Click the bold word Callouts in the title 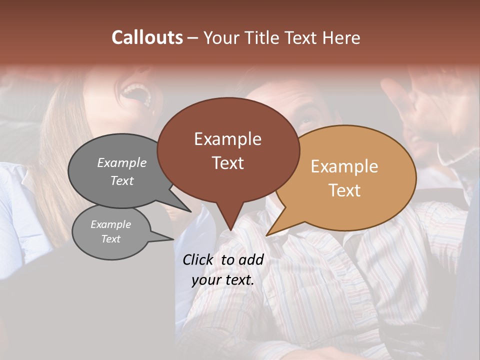pyautogui.click(x=147, y=37)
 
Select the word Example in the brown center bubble pyautogui.click(x=227, y=139)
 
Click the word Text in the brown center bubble pyautogui.click(x=227, y=162)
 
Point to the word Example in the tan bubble pyautogui.click(x=344, y=166)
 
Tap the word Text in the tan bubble pyautogui.click(x=344, y=190)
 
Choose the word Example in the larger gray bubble pyautogui.click(x=122, y=162)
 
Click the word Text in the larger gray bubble pyautogui.click(x=122, y=180)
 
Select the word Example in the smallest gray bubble pyautogui.click(x=110, y=224)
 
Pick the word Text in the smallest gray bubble pyautogui.click(x=110, y=239)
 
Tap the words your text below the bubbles pyautogui.click(x=223, y=280)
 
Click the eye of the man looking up pyautogui.click(x=306, y=121)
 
